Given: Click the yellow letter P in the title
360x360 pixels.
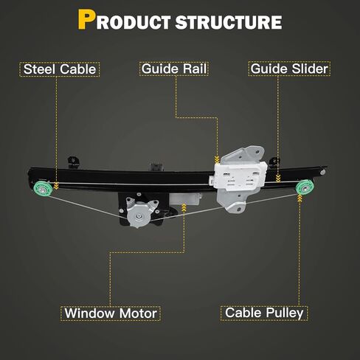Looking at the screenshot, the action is (86, 20).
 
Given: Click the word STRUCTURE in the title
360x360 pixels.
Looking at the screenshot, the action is (229, 23).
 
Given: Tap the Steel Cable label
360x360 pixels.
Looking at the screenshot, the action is (60, 69).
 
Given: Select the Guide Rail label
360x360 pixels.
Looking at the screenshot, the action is (174, 69).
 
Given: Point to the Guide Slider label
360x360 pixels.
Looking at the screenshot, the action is (289, 69).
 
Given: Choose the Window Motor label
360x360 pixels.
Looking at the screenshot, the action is (111, 314).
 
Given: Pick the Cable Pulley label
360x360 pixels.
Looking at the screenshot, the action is (264, 313).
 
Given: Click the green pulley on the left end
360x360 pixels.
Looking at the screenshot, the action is (43, 189).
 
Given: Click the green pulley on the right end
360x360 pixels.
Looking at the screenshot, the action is (305, 187).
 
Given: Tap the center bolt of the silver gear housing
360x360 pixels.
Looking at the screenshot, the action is (139, 216).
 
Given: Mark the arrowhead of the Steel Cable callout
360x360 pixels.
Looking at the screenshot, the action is (56, 186).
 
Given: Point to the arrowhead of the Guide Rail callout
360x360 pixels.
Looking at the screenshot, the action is (217, 159).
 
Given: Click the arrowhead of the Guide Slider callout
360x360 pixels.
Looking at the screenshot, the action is (278, 179).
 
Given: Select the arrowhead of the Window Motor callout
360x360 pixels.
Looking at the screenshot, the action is (184, 207).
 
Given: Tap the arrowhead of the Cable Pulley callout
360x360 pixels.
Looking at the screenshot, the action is (300, 198).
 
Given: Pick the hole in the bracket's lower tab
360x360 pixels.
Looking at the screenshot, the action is (239, 209).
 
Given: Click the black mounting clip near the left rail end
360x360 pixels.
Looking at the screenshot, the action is (74, 162).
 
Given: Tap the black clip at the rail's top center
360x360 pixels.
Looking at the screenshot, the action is (156, 167).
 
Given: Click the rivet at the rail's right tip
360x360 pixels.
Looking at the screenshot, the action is (322, 172).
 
